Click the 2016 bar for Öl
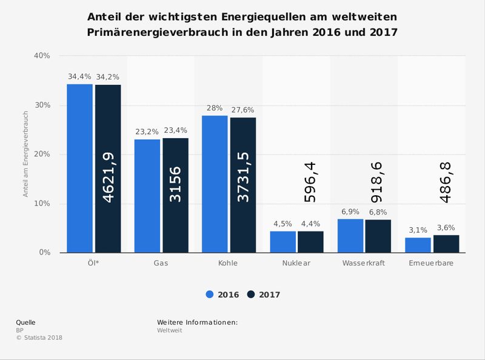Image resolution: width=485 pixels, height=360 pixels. point(79,168)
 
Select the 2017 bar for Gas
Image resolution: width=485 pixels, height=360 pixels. point(175,195)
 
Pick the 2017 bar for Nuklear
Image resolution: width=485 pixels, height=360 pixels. point(310,242)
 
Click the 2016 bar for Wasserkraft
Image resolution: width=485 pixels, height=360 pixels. point(350,236)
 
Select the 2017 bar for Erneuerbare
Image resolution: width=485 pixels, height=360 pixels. point(446,244)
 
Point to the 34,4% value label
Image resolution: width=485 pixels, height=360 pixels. point(79,77)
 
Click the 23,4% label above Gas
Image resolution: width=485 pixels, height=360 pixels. point(175,130)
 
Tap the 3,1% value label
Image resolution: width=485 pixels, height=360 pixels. point(418,230)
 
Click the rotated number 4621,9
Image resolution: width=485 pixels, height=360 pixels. point(108,177)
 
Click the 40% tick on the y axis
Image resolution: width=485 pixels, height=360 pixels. point(42,56)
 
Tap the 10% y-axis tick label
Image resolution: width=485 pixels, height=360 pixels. point(42,204)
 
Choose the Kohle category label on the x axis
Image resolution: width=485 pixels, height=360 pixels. point(228,264)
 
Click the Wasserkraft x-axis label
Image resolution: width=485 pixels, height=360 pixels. point(364,264)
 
